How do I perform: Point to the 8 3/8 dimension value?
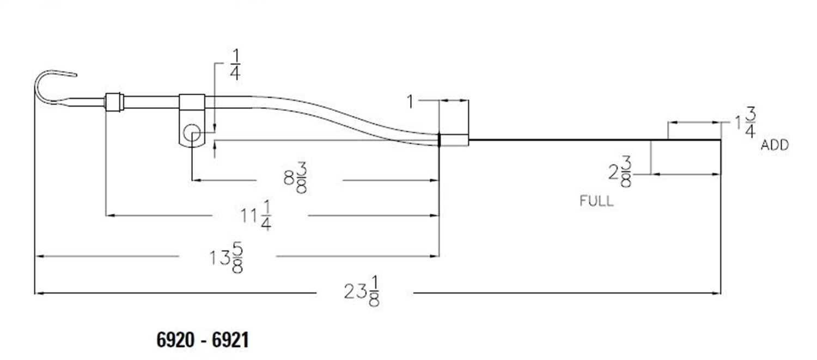point(295,178)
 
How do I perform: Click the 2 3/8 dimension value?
point(620,172)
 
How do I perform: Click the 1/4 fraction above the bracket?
point(235,65)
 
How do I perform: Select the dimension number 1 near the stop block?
point(410,102)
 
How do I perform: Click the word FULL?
point(597,201)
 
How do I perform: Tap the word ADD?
point(775,145)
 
